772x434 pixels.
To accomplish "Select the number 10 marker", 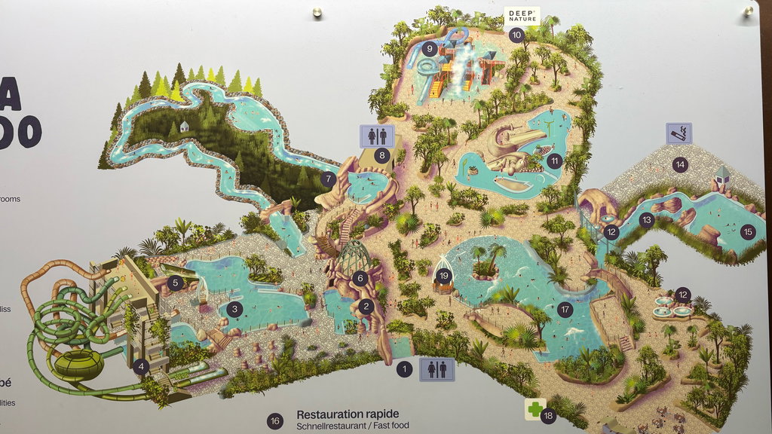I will [x=516, y=34].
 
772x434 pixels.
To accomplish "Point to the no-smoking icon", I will [x=679, y=133].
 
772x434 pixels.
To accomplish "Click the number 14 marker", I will [x=681, y=164].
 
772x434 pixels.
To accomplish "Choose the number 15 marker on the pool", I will [x=747, y=231].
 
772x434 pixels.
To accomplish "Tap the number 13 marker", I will [x=646, y=220].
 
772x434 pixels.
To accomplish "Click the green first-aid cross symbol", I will [x=535, y=410].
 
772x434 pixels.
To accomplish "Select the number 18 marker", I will [x=548, y=415].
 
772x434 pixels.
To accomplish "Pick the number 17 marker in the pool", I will [x=565, y=308].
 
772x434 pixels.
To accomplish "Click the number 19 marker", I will [x=443, y=276].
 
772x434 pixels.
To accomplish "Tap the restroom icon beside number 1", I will [x=437, y=368].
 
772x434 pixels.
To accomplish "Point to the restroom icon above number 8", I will [x=377, y=136].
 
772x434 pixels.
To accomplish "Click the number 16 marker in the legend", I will [x=275, y=420].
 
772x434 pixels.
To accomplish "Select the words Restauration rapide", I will [x=347, y=414].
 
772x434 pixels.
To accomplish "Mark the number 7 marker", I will [x=328, y=179].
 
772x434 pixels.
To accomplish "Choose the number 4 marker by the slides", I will [x=139, y=367].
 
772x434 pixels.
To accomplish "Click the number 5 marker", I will [x=176, y=283].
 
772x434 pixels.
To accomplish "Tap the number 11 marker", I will [x=556, y=160].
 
